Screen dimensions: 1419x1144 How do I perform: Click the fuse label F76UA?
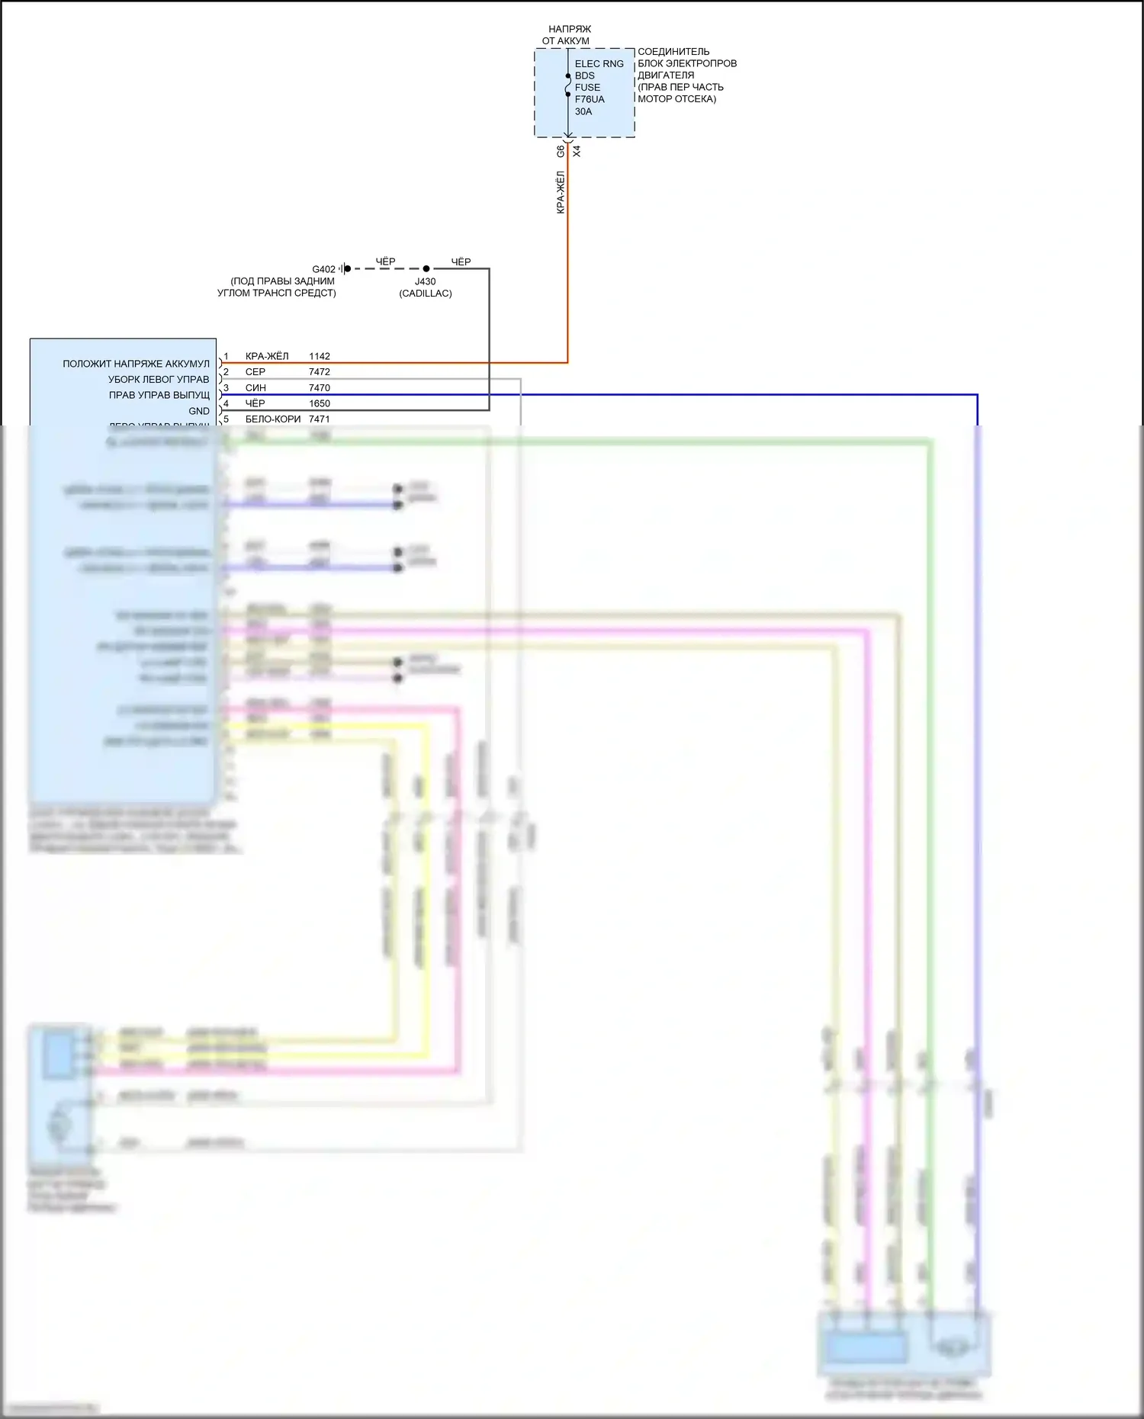pyautogui.click(x=589, y=99)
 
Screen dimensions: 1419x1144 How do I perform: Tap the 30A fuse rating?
pyautogui.click(x=583, y=111)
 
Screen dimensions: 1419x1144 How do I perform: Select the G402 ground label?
pyautogui.click(x=323, y=269)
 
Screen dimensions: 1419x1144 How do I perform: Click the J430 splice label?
pyautogui.click(x=425, y=281)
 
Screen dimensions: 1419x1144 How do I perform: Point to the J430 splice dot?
pyautogui.click(x=426, y=268)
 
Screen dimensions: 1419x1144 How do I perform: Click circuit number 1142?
pyautogui.click(x=320, y=356)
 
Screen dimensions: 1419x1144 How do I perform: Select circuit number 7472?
pyautogui.click(x=320, y=372)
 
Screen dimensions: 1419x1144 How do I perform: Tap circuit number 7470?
pyautogui.click(x=320, y=388)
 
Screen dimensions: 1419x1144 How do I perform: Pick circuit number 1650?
pyautogui.click(x=320, y=403)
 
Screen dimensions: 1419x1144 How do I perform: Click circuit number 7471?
pyautogui.click(x=320, y=419)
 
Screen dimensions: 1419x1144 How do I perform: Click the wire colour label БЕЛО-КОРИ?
pyautogui.click(x=273, y=419)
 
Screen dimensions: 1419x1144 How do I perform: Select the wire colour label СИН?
pyautogui.click(x=255, y=388)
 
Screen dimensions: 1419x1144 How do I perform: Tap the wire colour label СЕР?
pyautogui.click(x=255, y=372)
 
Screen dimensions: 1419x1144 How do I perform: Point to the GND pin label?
pyautogui.click(x=199, y=411)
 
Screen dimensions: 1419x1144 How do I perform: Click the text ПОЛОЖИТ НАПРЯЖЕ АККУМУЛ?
pyautogui.click(x=136, y=364)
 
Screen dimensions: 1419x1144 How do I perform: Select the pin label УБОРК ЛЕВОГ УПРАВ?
pyautogui.click(x=159, y=379)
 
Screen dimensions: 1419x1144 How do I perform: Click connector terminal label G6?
pyautogui.click(x=561, y=151)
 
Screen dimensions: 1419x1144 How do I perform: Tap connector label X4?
pyautogui.click(x=577, y=151)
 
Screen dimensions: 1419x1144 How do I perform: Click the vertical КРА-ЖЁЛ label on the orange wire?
pyautogui.click(x=561, y=192)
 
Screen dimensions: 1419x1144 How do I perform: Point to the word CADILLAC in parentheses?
pyautogui.click(x=426, y=294)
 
